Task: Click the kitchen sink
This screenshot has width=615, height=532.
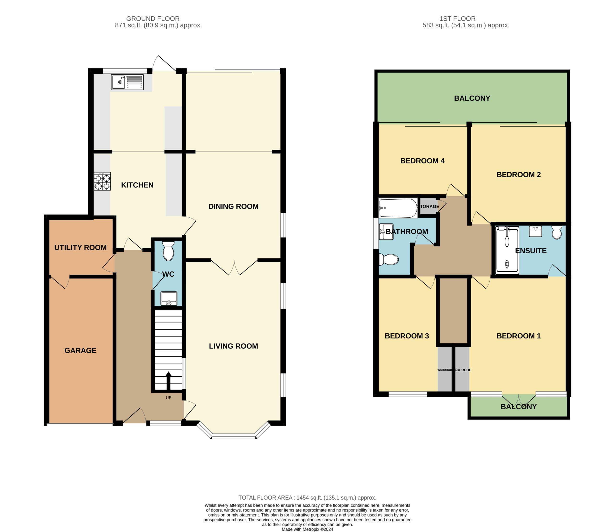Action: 127,82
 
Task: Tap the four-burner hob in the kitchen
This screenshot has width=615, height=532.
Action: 102,181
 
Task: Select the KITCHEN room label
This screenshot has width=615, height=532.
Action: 137,185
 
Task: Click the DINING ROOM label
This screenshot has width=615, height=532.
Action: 234,206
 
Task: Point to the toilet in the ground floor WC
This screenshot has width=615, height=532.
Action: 168,251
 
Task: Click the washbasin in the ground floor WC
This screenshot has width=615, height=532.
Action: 169,298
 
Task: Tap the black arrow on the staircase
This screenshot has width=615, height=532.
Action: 168,381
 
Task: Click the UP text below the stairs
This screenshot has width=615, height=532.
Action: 168,397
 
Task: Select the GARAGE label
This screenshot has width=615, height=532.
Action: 80,350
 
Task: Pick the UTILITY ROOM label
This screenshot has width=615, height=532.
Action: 80,247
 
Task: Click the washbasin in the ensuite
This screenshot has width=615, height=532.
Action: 535,231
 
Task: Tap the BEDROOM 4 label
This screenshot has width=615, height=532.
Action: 422,161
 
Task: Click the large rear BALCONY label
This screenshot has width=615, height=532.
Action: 472,98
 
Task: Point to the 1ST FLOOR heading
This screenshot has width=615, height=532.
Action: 457,18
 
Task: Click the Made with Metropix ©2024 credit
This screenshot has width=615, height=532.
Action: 307,529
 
